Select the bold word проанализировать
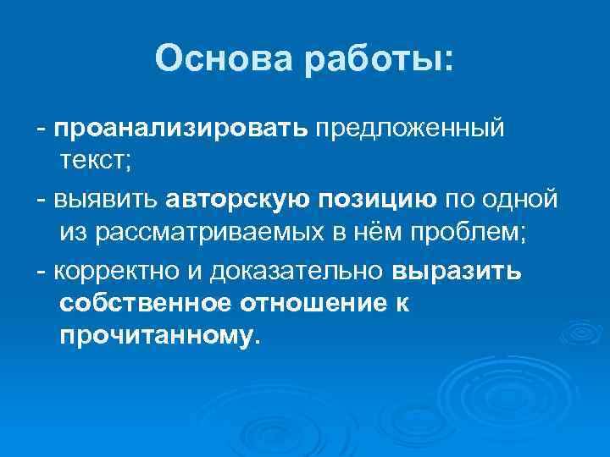181,128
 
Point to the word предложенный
411,128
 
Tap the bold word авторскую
239,200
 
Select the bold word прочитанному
156,336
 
